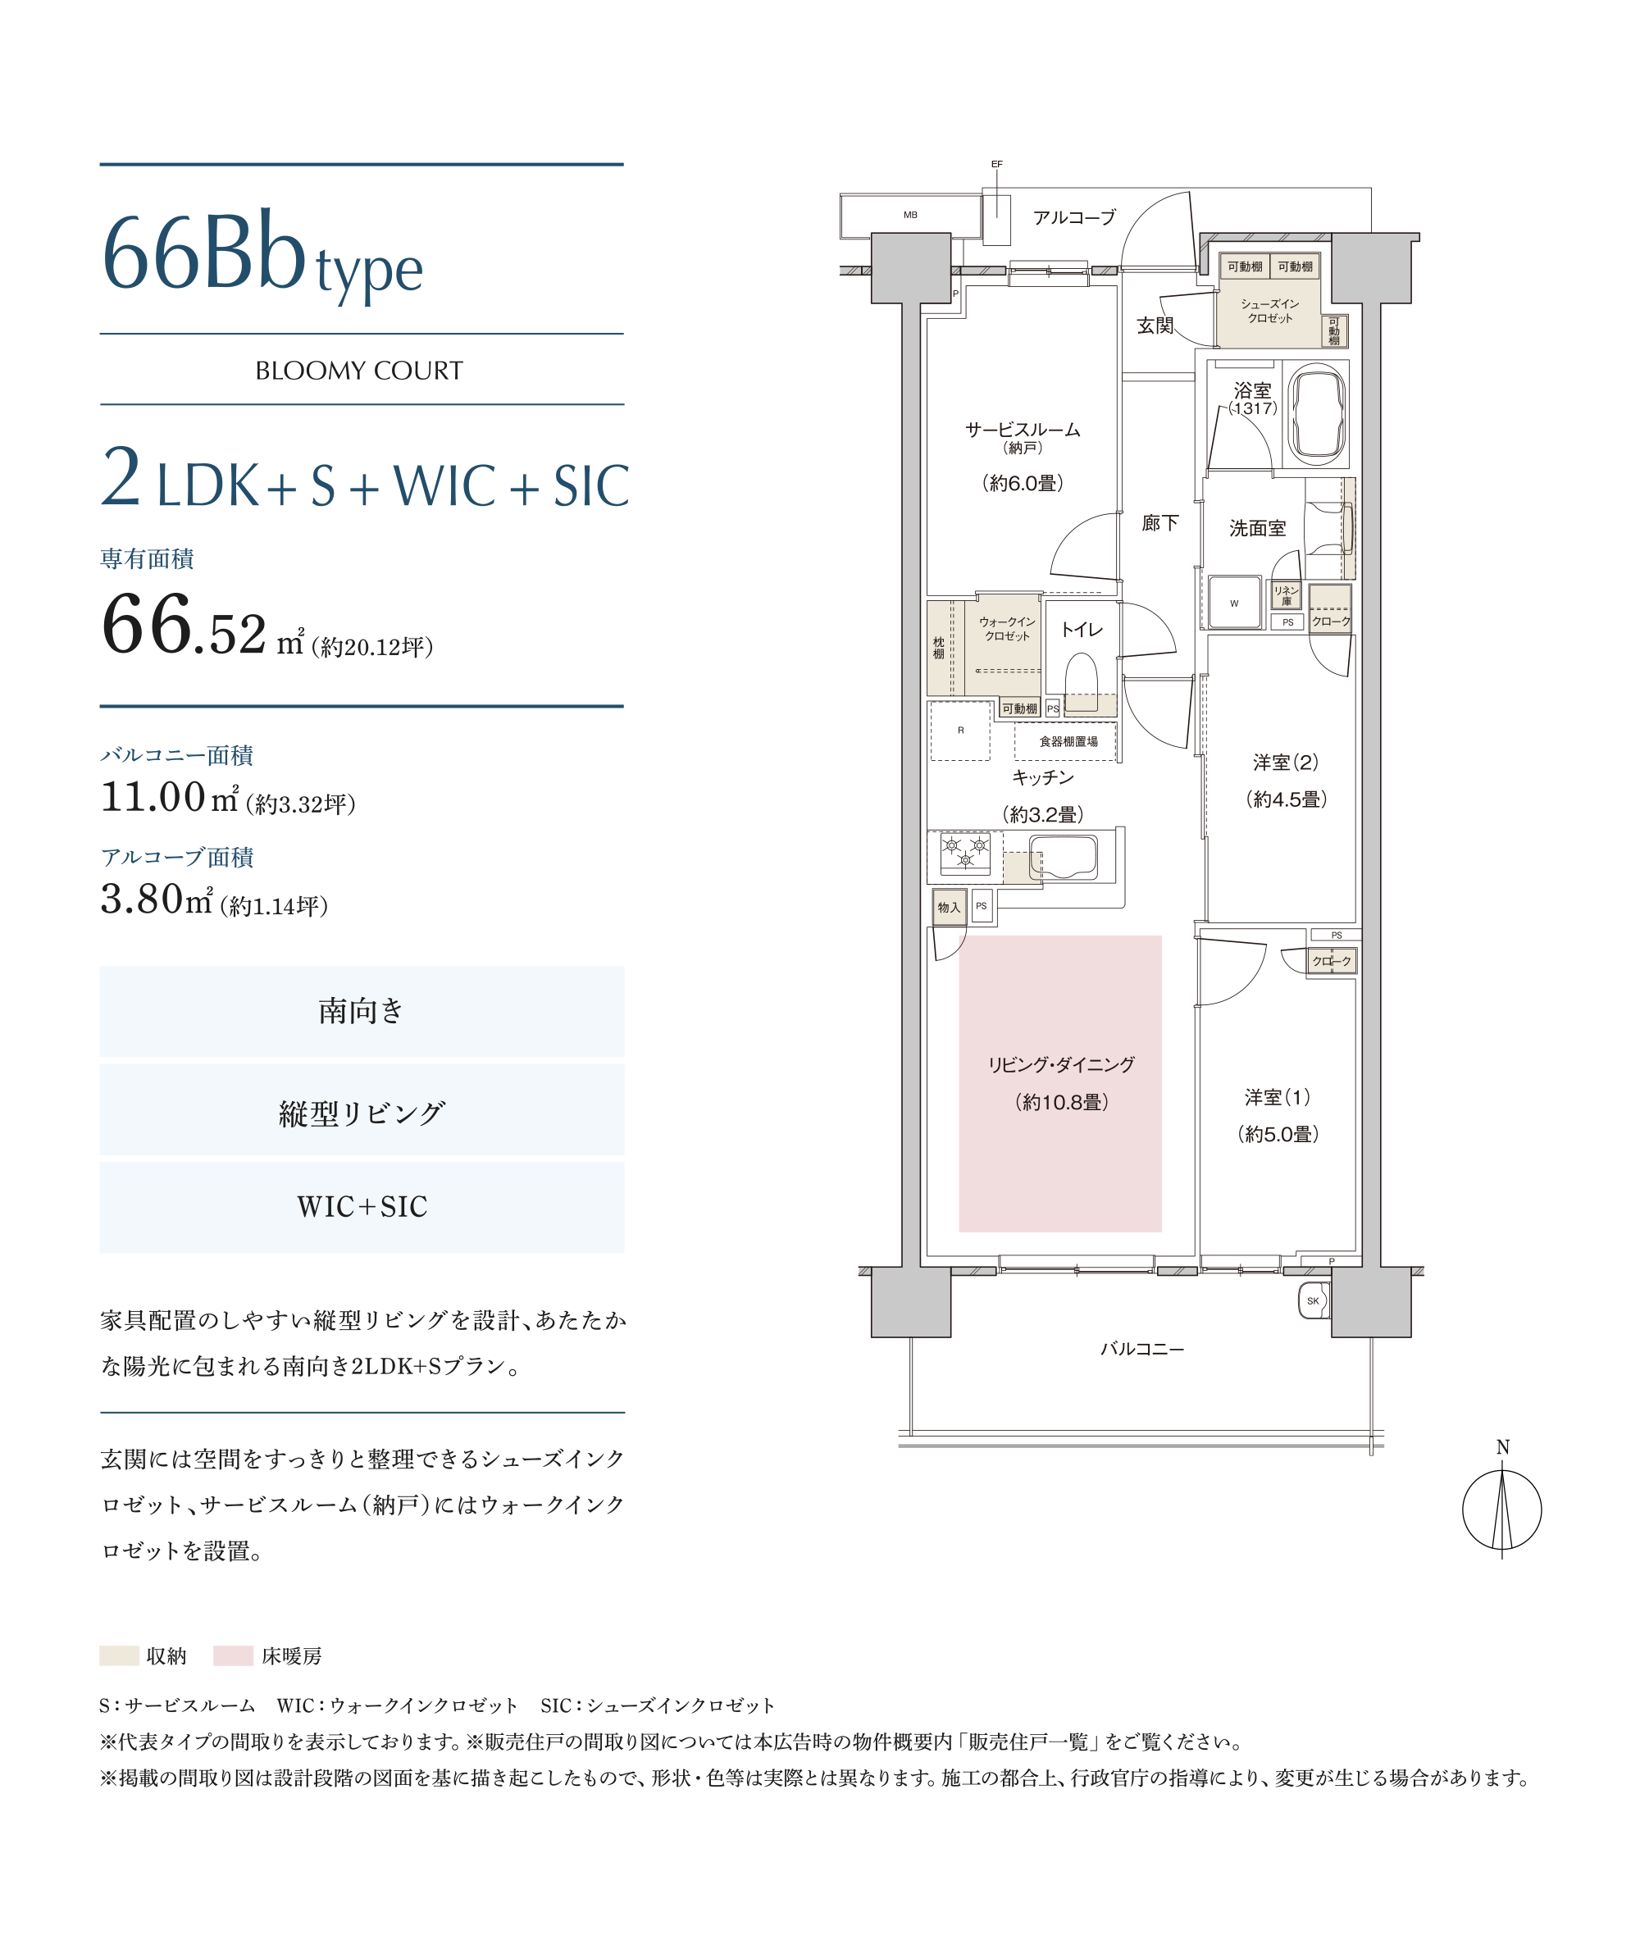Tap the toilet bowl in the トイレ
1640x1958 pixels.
[1082, 684]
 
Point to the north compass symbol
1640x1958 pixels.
[1501, 1509]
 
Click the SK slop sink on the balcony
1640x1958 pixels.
[1313, 1300]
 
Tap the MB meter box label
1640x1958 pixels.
[910, 215]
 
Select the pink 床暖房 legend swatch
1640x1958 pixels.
[233, 1656]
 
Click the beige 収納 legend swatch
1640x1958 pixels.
[120, 1656]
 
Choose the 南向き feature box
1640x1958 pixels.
[362, 1012]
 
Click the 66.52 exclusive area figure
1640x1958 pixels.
[184, 624]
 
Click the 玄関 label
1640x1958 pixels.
[1155, 326]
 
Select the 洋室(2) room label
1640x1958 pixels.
[1286, 763]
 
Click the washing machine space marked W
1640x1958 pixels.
[1234, 603]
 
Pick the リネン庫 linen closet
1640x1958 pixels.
[1287, 594]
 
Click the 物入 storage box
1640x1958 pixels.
[949, 907]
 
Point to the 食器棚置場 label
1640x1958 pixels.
[1068, 741]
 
